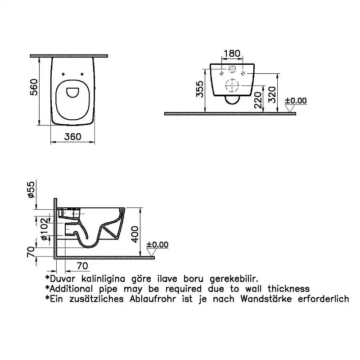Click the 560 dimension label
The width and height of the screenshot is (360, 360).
point(34,87)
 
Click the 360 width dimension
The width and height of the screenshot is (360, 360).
point(72,137)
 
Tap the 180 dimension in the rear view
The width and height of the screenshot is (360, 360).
point(232,54)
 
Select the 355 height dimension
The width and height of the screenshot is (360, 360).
point(200,89)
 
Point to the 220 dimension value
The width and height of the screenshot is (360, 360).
point(258,100)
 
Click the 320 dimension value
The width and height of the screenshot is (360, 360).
point(272,94)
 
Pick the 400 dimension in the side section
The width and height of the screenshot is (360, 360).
point(135,234)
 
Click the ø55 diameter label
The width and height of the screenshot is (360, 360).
point(31,189)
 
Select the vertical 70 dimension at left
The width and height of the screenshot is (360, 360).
point(31,252)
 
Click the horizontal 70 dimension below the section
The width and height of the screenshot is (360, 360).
point(82,266)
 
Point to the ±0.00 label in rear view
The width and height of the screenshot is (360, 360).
point(296,101)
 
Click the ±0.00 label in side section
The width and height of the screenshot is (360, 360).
point(157,244)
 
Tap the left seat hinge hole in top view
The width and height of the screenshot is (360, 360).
point(63,74)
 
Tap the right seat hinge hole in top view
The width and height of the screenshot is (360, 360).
point(82,74)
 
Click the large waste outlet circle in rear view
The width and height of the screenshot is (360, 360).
point(232,85)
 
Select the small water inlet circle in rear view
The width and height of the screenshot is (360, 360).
point(232,69)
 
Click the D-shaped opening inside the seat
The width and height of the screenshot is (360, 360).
point(72,92)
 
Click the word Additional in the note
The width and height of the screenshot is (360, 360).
point(71,288)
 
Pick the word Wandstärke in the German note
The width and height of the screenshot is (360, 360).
point(266,299)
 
